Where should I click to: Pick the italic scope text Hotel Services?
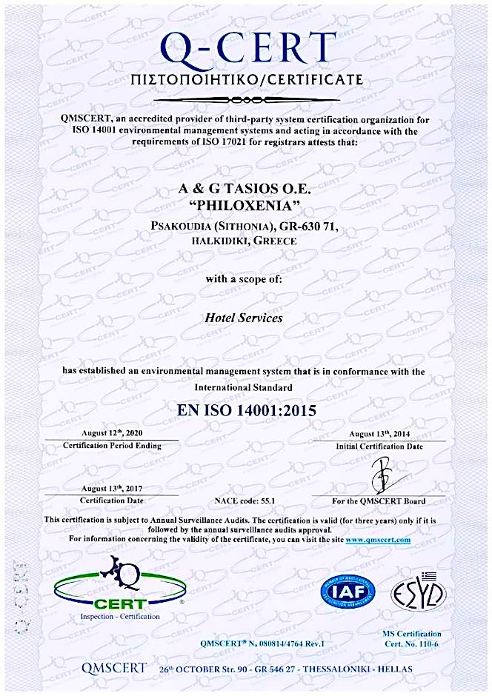tap(243, 318)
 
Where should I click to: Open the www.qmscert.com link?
tap(377, 540)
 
